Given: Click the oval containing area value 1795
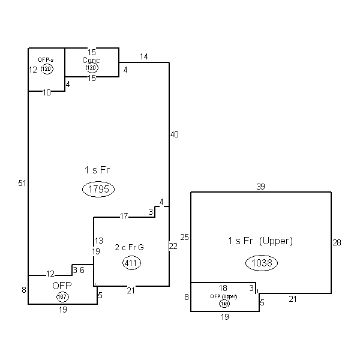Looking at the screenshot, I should point(98,190).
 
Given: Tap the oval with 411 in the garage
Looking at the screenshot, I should point(131,262).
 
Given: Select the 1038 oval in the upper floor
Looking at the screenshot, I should point(262,262).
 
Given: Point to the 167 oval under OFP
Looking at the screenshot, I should point(62,297).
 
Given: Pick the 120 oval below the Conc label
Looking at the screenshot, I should point(91,68).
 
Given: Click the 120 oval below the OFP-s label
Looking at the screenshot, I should point(47,69).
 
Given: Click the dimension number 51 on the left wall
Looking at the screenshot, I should point(22,183).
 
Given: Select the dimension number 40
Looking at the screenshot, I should point(174,134).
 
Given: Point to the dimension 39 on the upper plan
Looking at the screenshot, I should point(260,187).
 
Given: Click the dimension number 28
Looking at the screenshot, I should point(337,242).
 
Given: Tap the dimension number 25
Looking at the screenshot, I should point(185,238).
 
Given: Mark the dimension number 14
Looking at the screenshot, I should point(144,56).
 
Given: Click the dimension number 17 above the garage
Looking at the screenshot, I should point(124,216).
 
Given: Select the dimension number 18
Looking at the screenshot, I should point(223,289).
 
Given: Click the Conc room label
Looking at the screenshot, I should point(91,60).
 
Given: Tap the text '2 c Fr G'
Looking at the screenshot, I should point(129,247).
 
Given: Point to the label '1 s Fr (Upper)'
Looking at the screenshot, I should point(260,241).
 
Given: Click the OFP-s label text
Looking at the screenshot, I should point(46,61).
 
